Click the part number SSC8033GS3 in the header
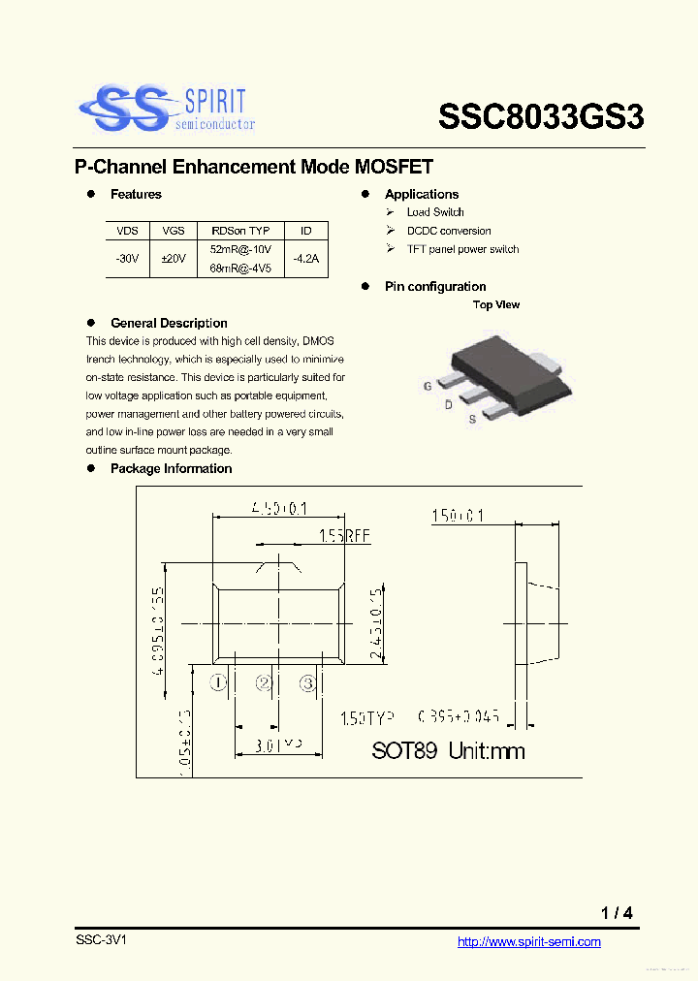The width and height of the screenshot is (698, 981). (541, 117)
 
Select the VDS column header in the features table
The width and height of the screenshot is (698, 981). (127, 231)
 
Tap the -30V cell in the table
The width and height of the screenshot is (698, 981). (127, 259)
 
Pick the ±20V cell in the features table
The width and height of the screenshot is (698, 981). (174, 259)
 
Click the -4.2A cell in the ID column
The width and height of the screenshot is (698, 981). (305, 259)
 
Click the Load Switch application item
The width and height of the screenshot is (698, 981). (434, 212)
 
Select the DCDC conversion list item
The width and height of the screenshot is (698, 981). (448, 231)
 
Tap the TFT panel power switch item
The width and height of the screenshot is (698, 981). (461, 249)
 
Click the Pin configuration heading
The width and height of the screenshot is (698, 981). (434, 287)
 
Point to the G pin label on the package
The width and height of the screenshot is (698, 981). (427, 386)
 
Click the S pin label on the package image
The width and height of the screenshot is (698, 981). (472, 419)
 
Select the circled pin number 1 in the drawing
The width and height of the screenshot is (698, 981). (219, 683)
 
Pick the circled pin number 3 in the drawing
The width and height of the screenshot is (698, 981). (308, 683)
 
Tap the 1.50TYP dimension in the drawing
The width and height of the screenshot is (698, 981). (366, 718)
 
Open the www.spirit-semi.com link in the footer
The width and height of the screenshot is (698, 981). (528, 942)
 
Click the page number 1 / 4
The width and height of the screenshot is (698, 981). (617, 913)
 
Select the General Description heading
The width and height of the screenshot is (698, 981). (169, 324)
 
